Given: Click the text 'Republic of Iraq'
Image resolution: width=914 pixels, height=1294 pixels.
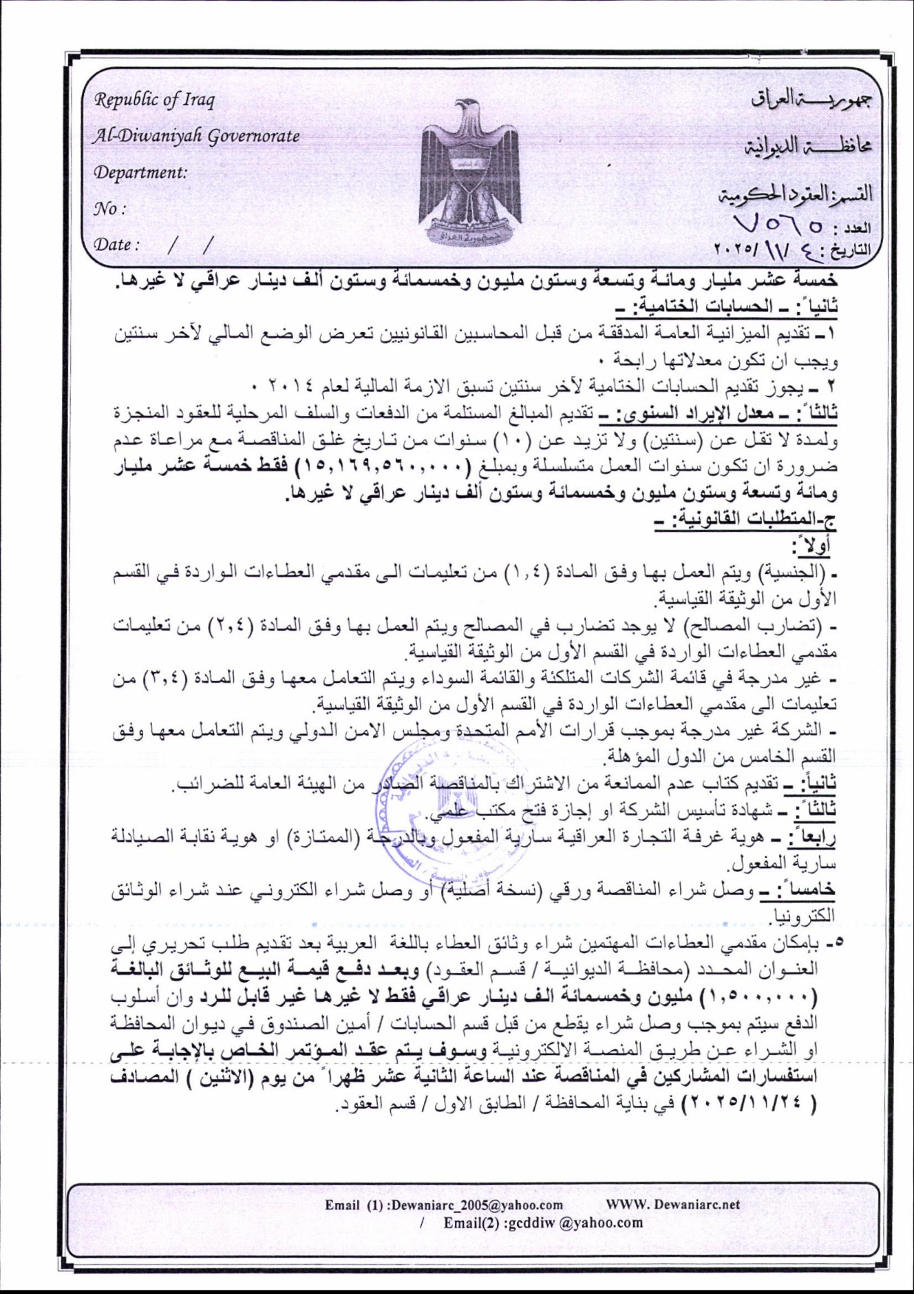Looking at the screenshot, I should click(153, 99).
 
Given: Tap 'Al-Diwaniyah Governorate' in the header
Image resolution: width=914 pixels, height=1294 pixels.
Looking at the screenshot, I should click(195, 136).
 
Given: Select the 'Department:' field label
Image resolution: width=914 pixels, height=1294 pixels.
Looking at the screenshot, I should click(140, 172).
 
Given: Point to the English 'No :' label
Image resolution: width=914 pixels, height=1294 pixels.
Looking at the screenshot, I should click(109, 208).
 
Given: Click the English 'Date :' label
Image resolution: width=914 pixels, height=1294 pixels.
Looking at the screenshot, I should click(116, 244).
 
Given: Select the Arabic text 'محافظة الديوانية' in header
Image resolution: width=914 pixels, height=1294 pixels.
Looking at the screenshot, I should click(807, 145).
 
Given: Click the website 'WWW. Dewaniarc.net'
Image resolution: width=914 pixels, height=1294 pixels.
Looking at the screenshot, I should click(672, 1205).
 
